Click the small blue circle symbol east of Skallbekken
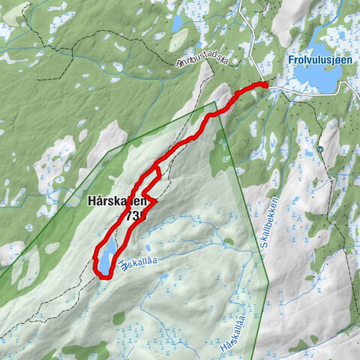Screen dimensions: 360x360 (320, 149)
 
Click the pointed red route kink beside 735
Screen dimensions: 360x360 (155, 202)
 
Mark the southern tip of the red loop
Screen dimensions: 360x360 (105, 277)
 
